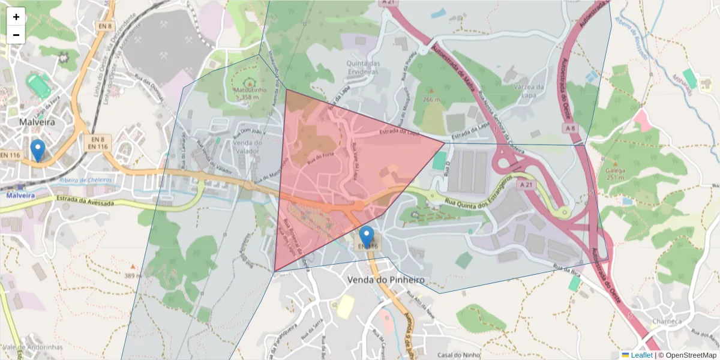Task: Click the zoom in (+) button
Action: (16, 17)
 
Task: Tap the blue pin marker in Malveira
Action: (38, 151)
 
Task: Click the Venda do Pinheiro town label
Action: (386, 280)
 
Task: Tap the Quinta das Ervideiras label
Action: (362, 67)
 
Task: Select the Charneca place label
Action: (667, 322)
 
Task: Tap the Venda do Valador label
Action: (247, 146)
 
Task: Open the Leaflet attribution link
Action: (641, 355)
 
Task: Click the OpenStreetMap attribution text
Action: (687, 355)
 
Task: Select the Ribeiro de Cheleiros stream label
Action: (85, 180)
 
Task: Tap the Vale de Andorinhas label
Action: (32, 347)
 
